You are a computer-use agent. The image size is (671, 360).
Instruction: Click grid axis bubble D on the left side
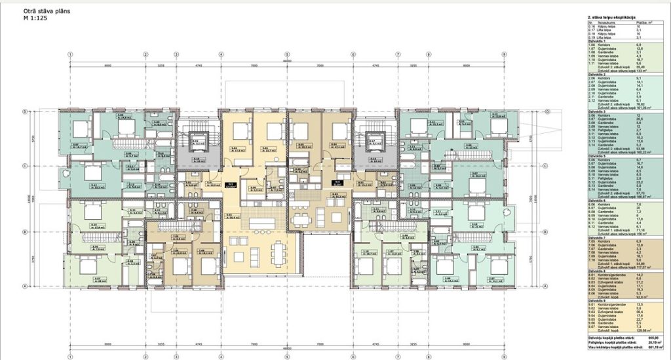click(x=26, y=111)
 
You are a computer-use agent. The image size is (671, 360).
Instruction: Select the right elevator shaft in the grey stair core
click(x=376, y=139)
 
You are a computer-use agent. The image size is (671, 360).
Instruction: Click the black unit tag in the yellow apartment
click(x=231, y=185)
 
